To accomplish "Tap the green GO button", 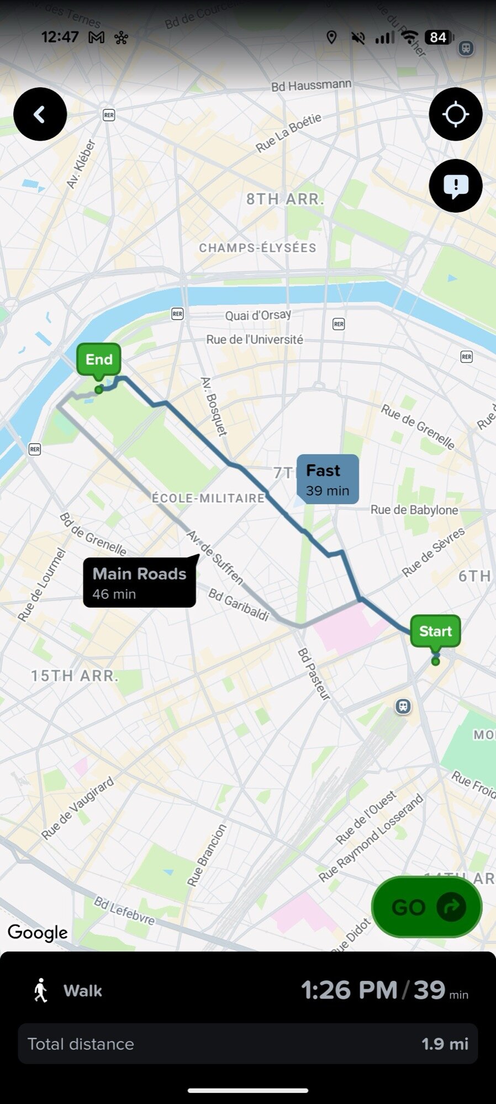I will pyautogui.click(x=426, y=907).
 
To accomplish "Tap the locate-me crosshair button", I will pyautogui.click(x=456, y=114).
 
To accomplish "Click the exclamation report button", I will pyautogui.click(x=456, y=186).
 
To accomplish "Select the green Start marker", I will pyautogui.click(x=435, y=631).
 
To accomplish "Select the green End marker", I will pyautogui.click(x=99, y=360).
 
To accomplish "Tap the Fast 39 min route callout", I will pyautogui.click(x=328, y=480).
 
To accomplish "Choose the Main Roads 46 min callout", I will pyautogui.click(x=139, y=583).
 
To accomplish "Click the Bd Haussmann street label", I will pyautogui.click(x=311, y=86).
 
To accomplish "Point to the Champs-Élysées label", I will pyautogui.click(x=257, y=248).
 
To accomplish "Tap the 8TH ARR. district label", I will pyautogui.click(x=285, y=199).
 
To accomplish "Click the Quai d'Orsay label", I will pyautogui.click(x=257, y=315).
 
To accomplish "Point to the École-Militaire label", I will pyautogui.click(x=208, y=498).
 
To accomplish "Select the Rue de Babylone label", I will pyautogui.click(x=414, y=510).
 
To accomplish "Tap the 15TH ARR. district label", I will pyautogui.click(x=75, y=676).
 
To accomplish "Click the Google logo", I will pyautogui.click(x=38, y=932).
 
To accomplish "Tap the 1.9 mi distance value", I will pyautogui.click(x=445, y=1044).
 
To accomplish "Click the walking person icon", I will pyautogui.click(x=41, y=991).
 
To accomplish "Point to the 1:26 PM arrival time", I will pyautogui.click(x=349, y=990).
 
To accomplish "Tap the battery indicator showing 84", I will pyautogui.click(x=439, y=37).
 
